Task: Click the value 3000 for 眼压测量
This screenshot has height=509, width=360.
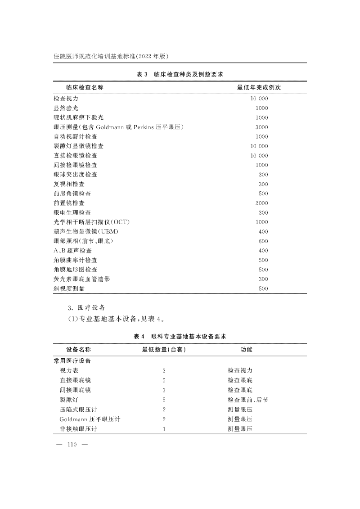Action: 261,127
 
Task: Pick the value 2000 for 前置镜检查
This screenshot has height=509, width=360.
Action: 261,203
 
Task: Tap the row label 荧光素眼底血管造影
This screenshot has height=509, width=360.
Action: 81,279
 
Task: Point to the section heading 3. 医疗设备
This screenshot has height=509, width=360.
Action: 86,308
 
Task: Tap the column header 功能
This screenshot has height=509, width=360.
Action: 247,350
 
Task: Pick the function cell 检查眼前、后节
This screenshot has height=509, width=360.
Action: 248,399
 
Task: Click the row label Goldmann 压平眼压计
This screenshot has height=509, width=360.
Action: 90,419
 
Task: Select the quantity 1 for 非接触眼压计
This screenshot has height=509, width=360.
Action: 164,429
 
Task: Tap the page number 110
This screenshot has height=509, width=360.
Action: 72,445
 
